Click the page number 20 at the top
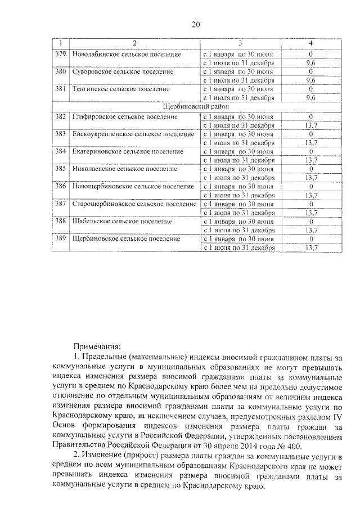195,24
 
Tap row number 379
60,54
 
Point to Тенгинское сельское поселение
121,89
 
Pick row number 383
60,134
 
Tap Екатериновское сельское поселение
128,151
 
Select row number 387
60,204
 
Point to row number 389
60,238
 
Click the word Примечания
97,346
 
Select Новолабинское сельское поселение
127,54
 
